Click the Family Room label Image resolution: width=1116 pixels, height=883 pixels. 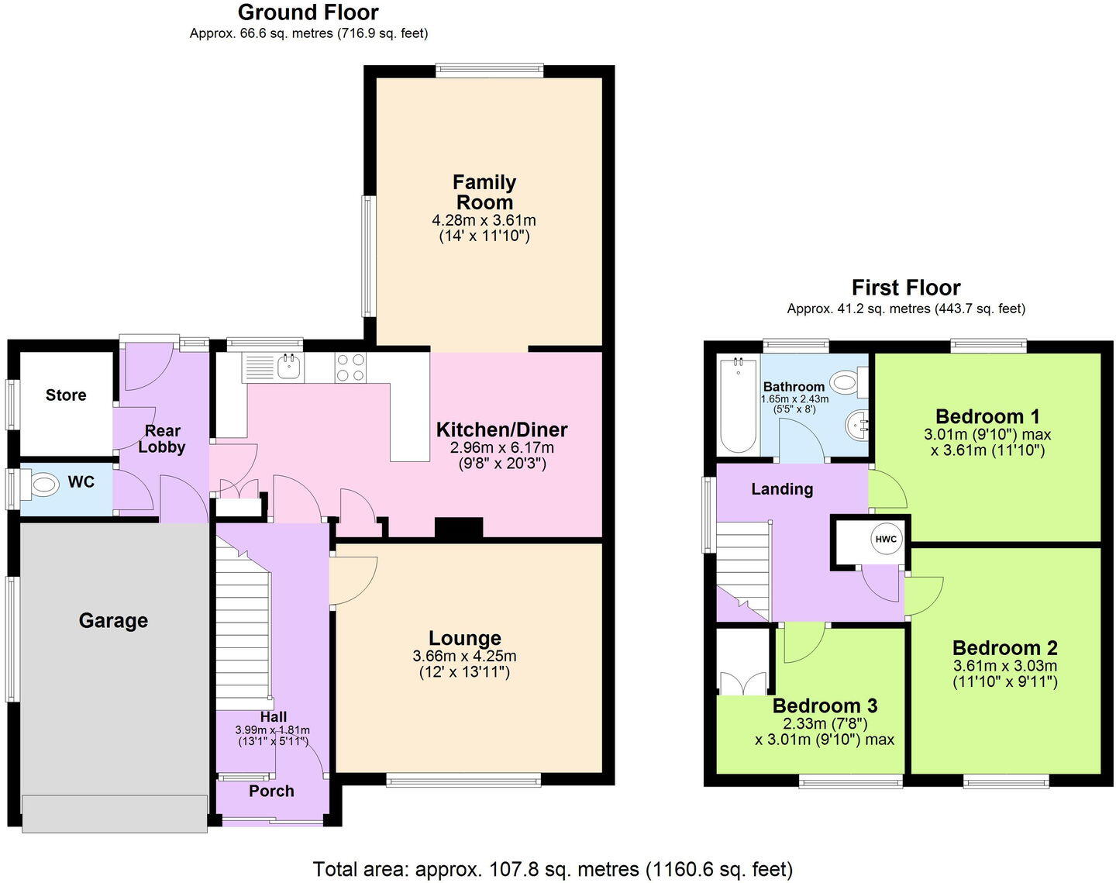click(484, 192)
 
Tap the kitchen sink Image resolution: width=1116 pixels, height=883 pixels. click(288, 366)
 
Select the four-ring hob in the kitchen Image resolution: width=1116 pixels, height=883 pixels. click(350, 367)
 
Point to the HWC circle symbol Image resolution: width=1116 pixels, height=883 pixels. click(886, 540)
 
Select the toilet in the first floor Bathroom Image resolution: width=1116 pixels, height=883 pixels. click(846, 381)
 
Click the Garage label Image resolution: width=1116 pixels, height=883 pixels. click(113, 620)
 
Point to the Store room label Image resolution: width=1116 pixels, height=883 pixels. click(66, 395)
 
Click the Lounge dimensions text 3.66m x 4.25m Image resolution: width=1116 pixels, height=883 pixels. click(464, 656)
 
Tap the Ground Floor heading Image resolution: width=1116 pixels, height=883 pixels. click(308, 12)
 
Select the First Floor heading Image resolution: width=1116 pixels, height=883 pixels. click(906, 288)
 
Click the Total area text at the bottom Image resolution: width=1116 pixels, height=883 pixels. click(553, 868)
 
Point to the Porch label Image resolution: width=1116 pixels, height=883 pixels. click(271, 791)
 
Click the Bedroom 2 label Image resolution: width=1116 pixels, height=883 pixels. click(1004, 648)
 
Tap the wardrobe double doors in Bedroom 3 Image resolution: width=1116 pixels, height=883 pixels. click(742, 683)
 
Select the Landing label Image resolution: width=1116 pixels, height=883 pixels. click(782, 489)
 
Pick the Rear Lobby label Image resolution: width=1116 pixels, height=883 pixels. click(162, 439)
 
